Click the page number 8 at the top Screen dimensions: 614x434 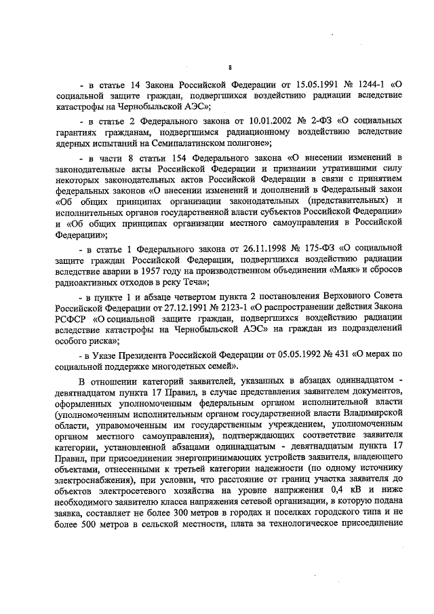point(230,66)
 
